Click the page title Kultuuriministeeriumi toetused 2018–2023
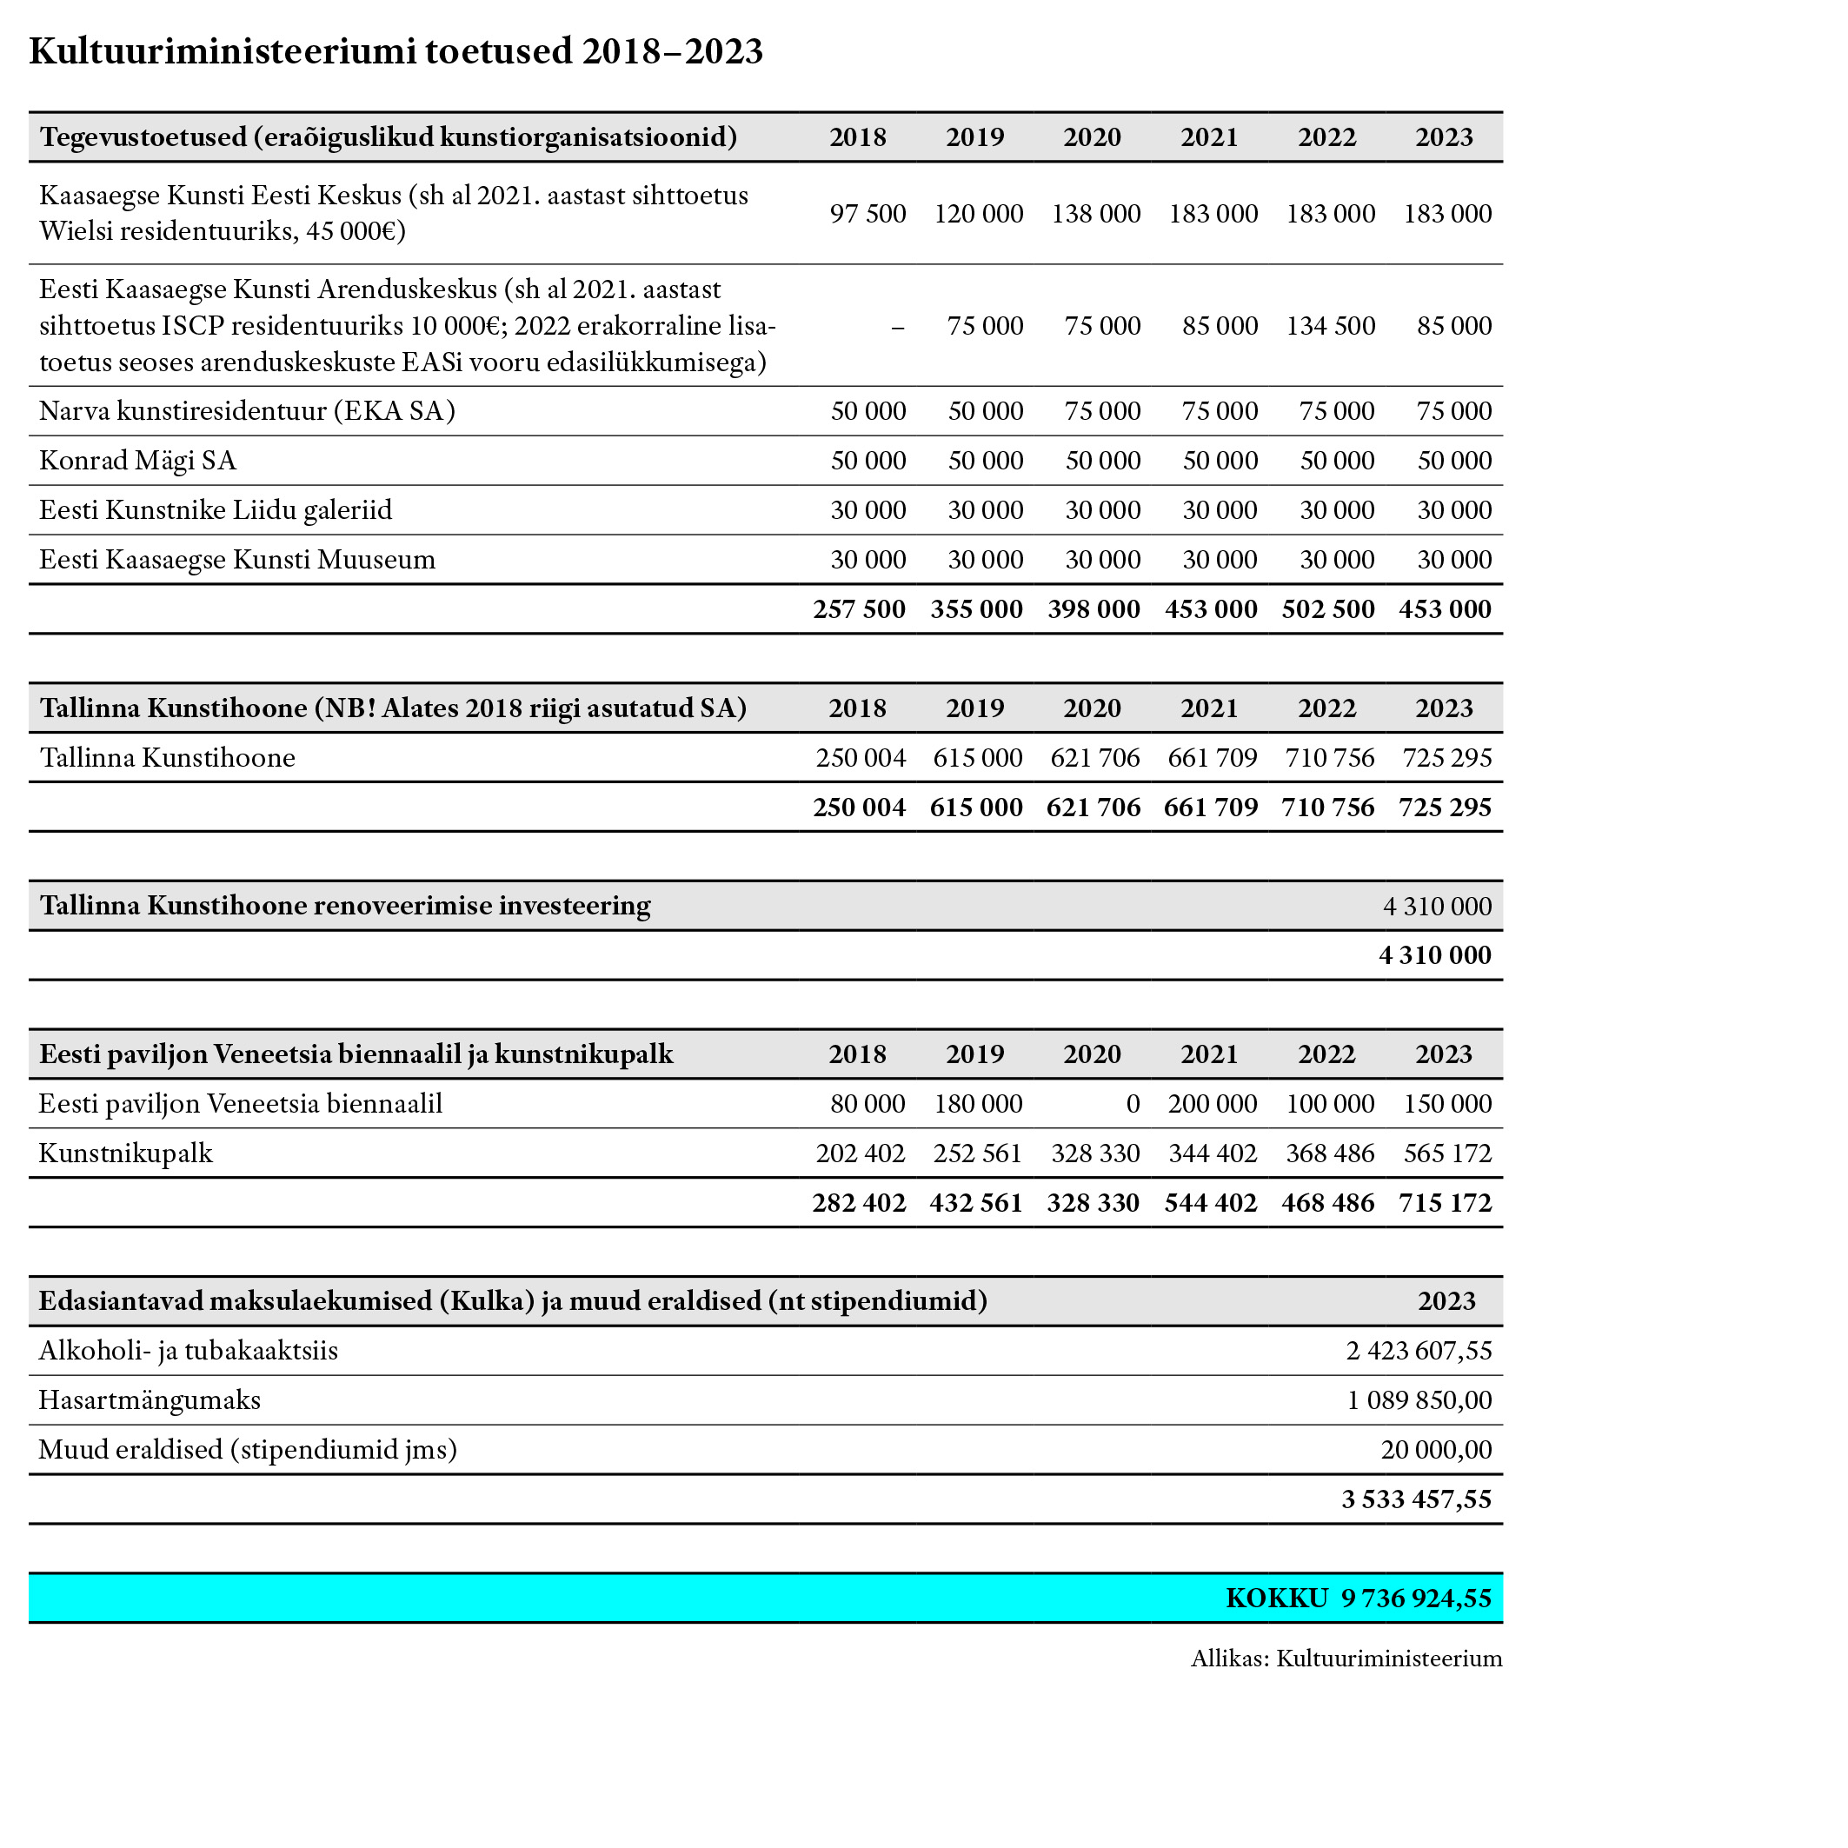pyautogui.click(x=396, y=51)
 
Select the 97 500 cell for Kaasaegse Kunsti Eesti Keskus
pyautogui.click(x=867, y=213)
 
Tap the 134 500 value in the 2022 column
pyautogui.click(x=1330, y=326)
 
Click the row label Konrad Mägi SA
pyautogui.click(x=137, y=461)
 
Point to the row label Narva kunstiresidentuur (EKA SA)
pyautogui.click(x=247, y=411)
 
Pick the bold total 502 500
pyautogui.click(x=1327, y=609)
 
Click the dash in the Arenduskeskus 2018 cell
pyautogui.click(x=897, y=326)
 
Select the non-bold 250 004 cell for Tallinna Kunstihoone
pyautogui.click(x=860, y=759)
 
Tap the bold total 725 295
pyautogui.click(x=1445, y=808)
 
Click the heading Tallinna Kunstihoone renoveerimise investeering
pyautogui.click(x=345, y=906)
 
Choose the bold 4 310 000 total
pyautogui.click(x=1435, y=955)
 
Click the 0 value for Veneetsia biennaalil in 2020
pyautogui.click(x=1133, y=1105)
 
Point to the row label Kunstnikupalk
pyautogui.click(x=125, y=1153)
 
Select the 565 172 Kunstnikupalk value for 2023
pyautogui.click(x=1447, y=1153)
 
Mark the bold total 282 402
pyautogui.click(x=859, y=1203)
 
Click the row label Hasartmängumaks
pyautogui.click(x=150, y=1401)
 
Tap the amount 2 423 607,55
pyautogui.click(x=1419, y=1352)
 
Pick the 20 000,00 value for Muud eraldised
pyautogui.click(x=1436, y=1451)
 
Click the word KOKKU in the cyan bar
pyautogui.click(x=1277, y=1599)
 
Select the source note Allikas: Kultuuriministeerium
pyautogui.click(x=1346, y=1659)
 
